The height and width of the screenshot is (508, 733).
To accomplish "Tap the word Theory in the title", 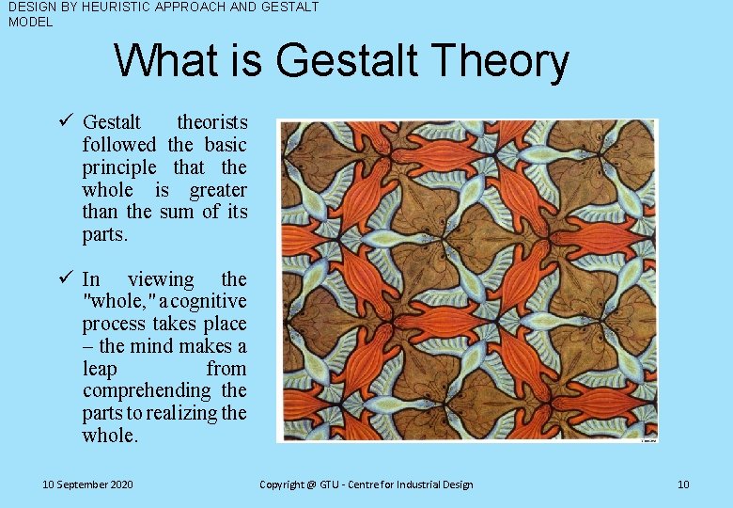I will click(x=504, y=62).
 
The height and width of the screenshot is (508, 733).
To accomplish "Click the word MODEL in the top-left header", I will click(x=31, y=22).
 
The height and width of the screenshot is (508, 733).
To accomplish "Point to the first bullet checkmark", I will click(x=66, y=121).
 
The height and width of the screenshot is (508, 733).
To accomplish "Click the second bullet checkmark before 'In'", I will click(x=66, y=278).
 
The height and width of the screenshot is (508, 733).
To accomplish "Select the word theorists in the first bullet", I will click(x=212, y=122).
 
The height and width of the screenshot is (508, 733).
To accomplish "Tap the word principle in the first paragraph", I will click(x=119, y=167).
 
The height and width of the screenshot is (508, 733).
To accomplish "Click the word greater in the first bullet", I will click(x=218, y=190).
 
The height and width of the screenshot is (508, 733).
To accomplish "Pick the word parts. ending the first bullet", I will click(x=104, y=234).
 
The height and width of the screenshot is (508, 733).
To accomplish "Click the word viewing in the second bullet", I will click(x=160, y=279).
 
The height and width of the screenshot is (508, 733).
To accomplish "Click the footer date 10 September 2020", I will click(x=87, y=484).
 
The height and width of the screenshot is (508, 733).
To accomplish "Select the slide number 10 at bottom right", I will click(x=683, y=484).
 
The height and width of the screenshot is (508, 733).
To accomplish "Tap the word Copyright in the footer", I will click(x=282, y=484).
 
